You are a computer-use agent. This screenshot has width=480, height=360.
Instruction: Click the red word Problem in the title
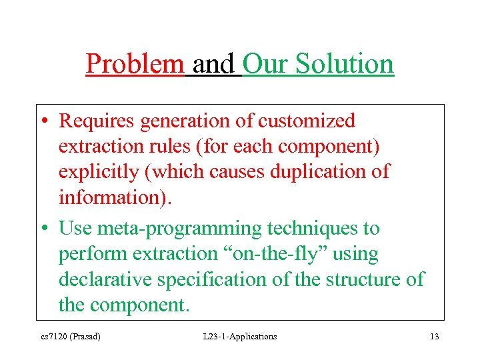[135, 65]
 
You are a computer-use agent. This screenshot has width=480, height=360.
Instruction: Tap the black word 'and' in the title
[213, 65]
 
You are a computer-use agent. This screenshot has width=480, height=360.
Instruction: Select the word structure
[362, 279]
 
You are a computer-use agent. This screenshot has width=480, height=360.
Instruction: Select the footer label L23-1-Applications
[239, 337]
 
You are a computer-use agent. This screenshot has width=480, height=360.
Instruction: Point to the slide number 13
[434, 337]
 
